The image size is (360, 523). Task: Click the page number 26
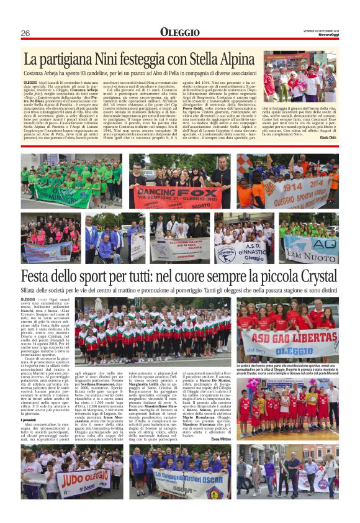(25, 33)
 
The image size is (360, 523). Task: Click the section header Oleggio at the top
(179, 32)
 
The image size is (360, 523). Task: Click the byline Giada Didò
(328, 147)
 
